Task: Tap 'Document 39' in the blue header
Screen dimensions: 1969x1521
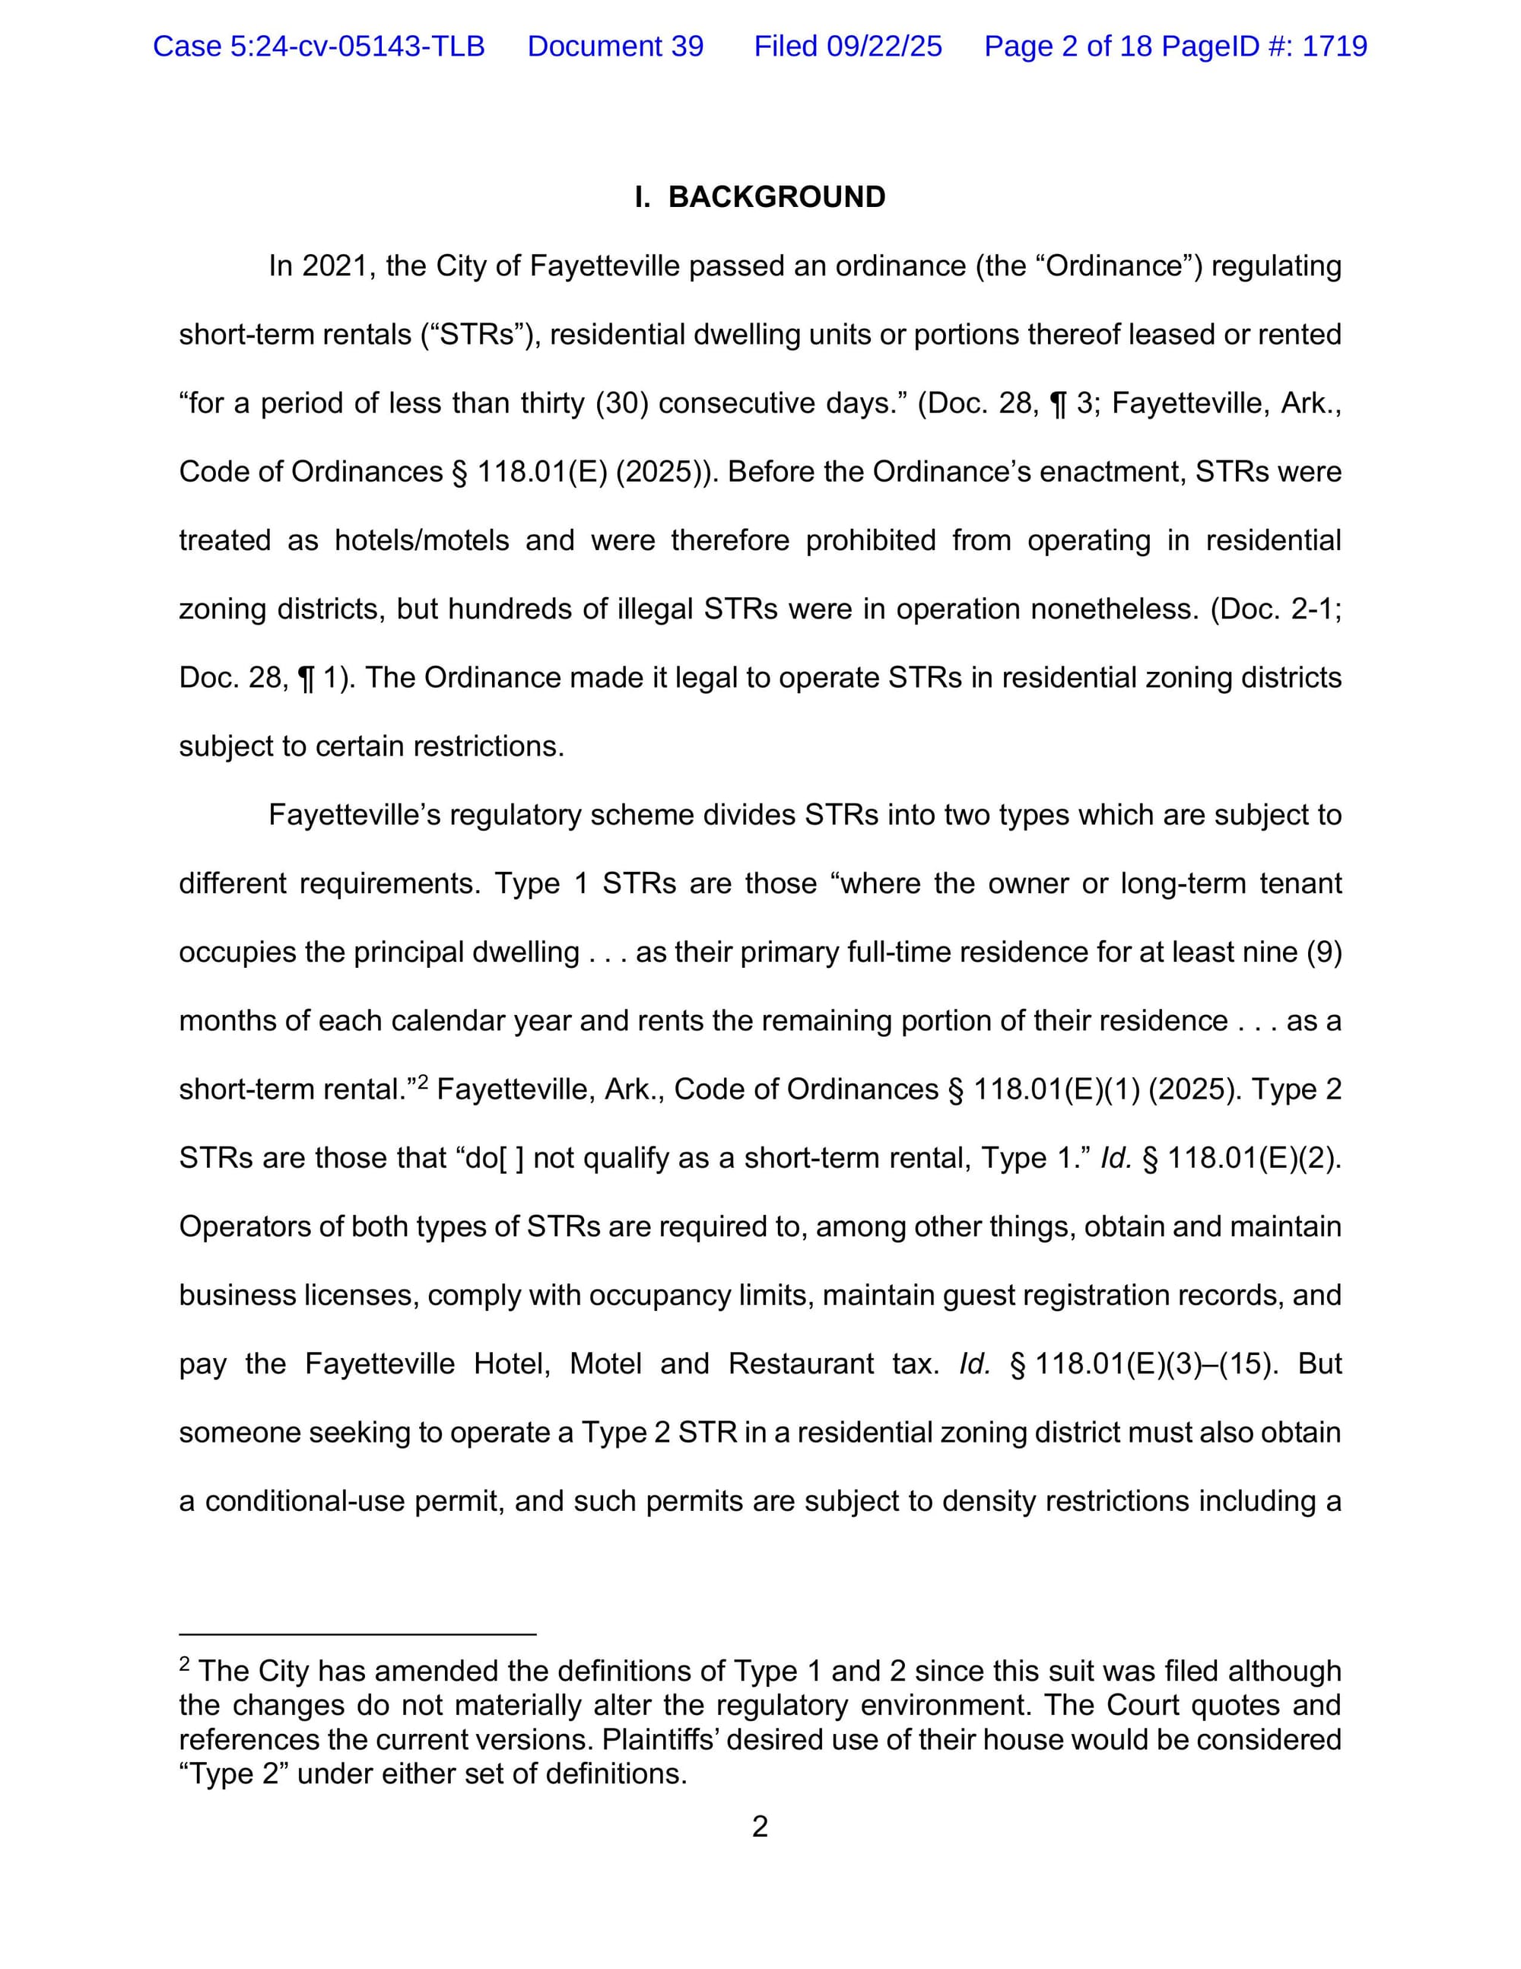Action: pos(615,46)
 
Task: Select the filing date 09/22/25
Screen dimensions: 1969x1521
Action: pos(884,46)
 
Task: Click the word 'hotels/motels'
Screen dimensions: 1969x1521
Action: pos(422,540)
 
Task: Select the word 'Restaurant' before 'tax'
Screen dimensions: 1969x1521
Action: pos(800,1363)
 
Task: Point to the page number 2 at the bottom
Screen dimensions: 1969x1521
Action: pos(760,1827)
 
